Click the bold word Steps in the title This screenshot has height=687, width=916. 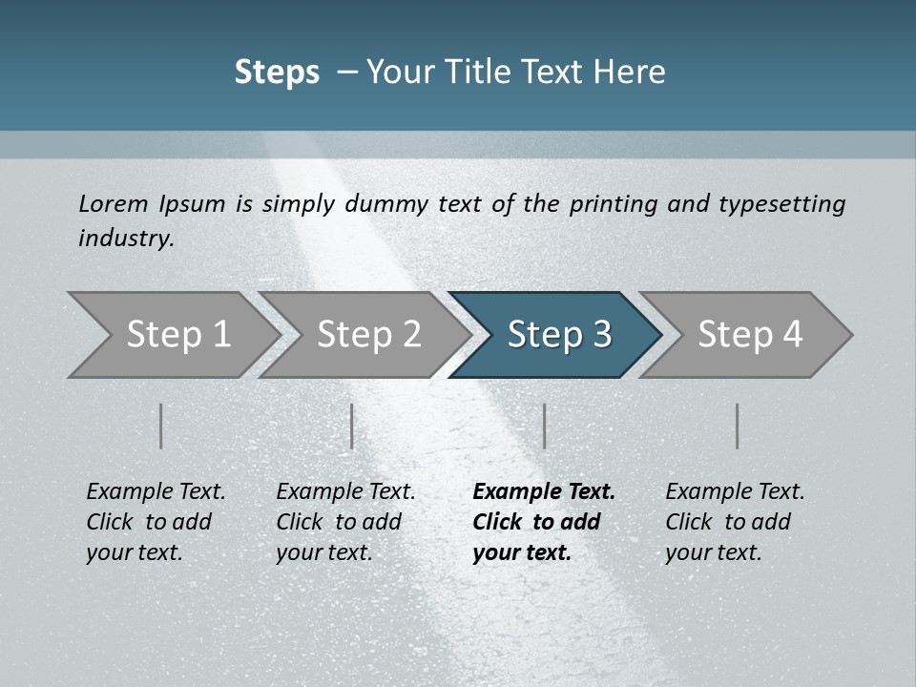click(x=277, y=73)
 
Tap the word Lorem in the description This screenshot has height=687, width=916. click(x=113, y=203)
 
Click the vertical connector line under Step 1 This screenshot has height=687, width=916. click(x=161, y=426)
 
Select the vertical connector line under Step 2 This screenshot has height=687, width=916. click(x=352, y=426)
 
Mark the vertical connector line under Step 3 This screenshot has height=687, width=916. click(x=544, y=426)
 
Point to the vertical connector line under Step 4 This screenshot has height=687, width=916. click(x=737, y=426)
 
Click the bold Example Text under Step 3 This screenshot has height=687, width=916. click(x=544, y=492)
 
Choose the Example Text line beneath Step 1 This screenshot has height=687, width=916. click(x=156, y=492)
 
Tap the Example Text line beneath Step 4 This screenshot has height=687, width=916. click(x=735, y=492)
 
